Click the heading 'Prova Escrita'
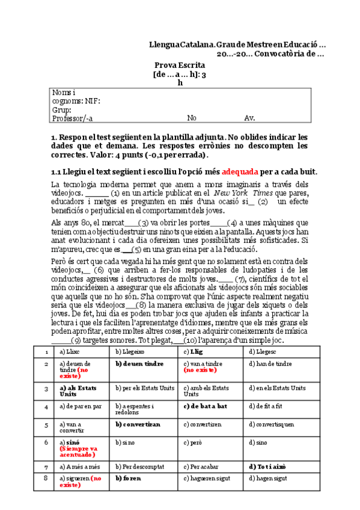click(180, 65)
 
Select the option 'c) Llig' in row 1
click(194, 351)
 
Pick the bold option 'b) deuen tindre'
click(139, 363)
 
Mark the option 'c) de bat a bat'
click(205, 406)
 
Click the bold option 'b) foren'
click(130, 478)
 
